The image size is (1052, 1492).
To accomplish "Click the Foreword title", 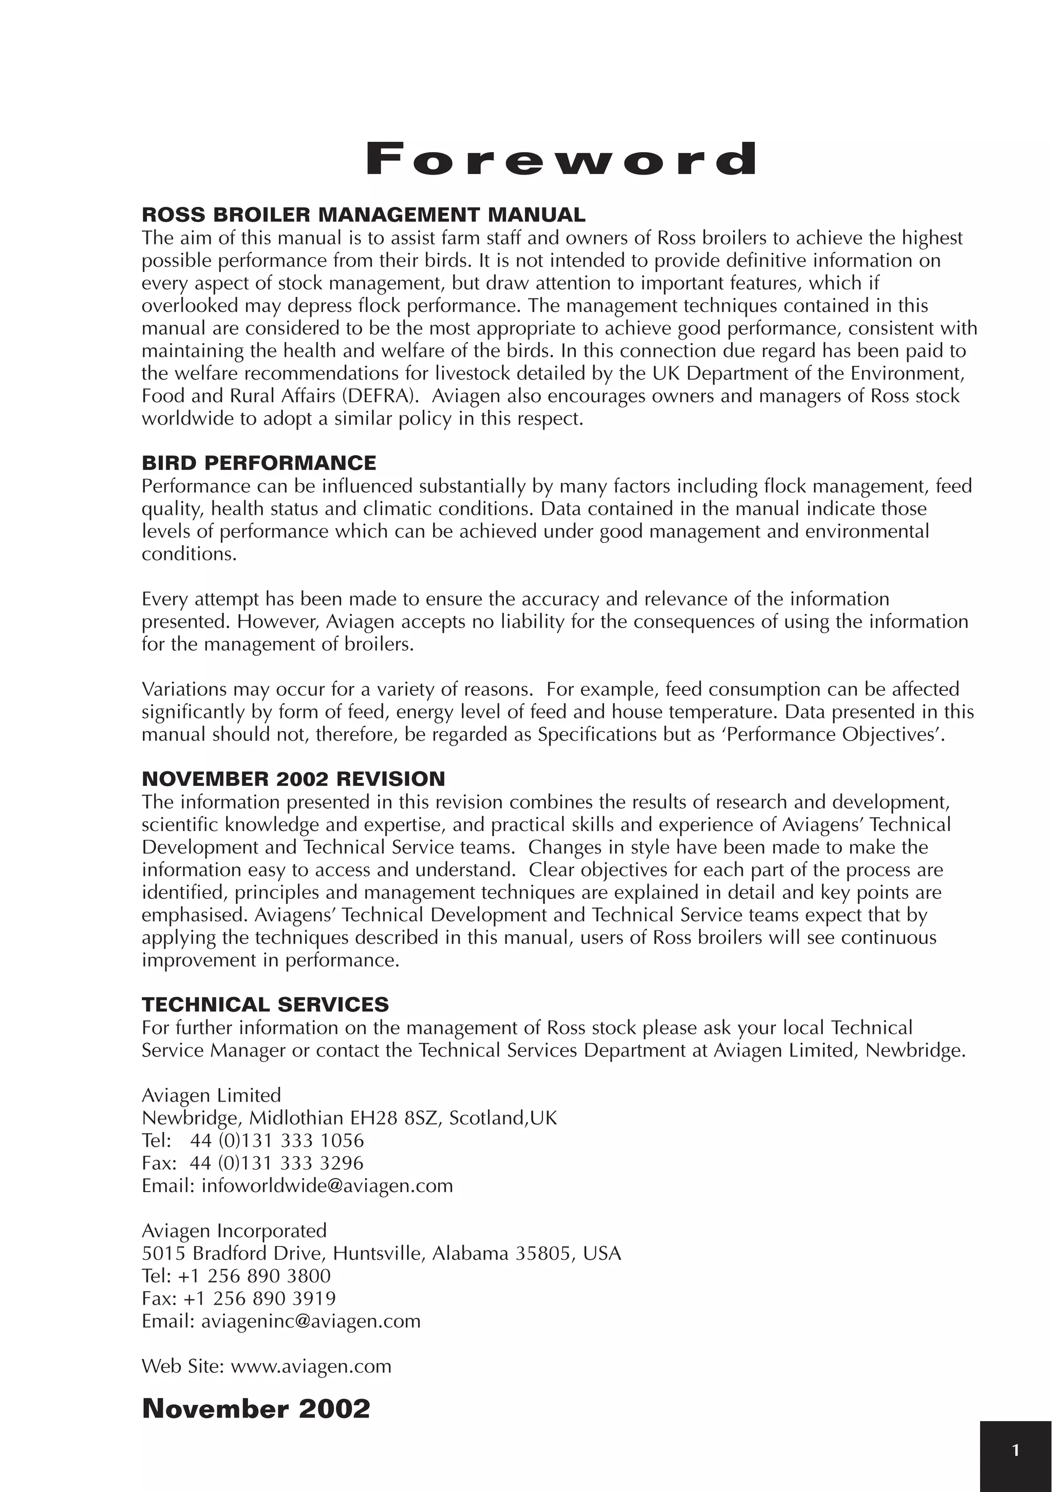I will [x=561, y=159].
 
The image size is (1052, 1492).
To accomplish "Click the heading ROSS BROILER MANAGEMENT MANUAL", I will [x=363, y=215].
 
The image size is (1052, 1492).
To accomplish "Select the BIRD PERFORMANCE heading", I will [x=258, y=463].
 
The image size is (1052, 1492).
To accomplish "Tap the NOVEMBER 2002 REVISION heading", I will [x=293, y=779].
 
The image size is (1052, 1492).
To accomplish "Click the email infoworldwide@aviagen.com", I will [x=327, y=1185].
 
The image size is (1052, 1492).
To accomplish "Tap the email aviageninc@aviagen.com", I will [x=311, y=1320].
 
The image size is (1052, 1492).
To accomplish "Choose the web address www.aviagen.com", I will [x=311, y=1366].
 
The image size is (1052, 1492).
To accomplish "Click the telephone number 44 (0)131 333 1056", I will [x=277, y=1141].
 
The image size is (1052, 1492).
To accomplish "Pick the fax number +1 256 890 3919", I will [x=259, y=1298].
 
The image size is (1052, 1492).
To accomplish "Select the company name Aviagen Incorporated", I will [x=234, y=1230].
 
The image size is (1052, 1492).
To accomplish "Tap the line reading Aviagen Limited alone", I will [x=211, y=1095].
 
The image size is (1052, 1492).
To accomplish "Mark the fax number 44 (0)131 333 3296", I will [x=277, y=1163].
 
